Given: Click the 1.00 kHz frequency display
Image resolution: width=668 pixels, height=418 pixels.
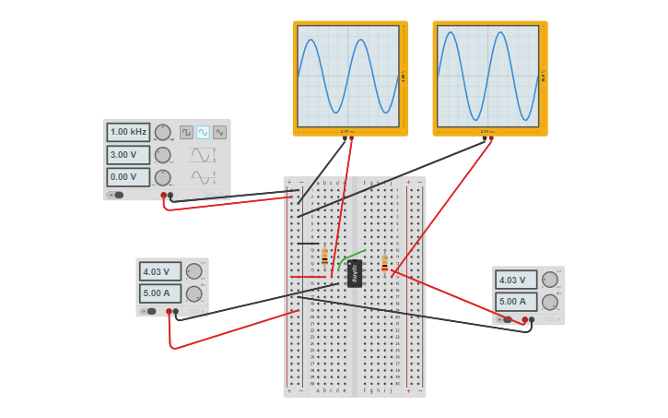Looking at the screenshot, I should pyautogui.click(x=127, y=132).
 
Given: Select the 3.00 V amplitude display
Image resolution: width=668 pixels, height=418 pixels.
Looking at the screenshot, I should pyautogui.click(x=127, y=154).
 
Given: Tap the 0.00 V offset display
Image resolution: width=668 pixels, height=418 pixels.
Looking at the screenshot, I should pyautogui.click(x=127, y=177).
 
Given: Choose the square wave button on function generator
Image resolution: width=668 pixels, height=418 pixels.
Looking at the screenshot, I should pyautogui.click(x=186, y=132).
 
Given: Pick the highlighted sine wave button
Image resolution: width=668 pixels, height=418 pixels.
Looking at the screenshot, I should pyautogui.click(x=203, y=132).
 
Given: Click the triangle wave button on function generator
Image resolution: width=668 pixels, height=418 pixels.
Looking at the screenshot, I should pyautogui.click(x=219, y=132).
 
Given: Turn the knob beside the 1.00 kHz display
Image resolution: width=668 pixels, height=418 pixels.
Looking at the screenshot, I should pyautogui.click(x=162, y=132).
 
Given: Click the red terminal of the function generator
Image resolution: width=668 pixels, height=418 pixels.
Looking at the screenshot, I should pyautogui.click(x=163, y=196).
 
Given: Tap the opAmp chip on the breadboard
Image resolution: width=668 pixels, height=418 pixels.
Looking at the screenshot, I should pyautogui.click(x=355, y=273).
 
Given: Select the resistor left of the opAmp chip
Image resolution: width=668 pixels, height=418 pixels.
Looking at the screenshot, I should pyautogui.click(x=324, y=258).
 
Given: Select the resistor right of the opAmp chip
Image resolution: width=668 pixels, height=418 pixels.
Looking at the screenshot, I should pyautogui.click(x=384, y=263).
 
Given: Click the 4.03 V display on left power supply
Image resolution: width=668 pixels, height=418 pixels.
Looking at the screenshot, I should pyautogui.click(x=159, y=271).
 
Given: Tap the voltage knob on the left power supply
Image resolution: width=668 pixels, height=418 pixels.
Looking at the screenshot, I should pyautogui.click(x=193, y=271).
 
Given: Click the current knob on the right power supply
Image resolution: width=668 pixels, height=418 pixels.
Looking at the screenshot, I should pyautogui.click(x=550, y=302).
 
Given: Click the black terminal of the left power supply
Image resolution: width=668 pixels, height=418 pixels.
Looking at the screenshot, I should pyautogui.click(x=176, y=312).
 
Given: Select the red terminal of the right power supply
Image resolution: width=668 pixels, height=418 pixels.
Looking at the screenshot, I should pyautogui.click(x=524, y=320).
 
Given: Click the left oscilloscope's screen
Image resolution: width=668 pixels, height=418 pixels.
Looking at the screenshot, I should pyautogui.click(x=348, y=76).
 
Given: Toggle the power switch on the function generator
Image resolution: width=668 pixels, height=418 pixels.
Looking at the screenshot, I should pyautogui.click(x=116, y=195).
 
